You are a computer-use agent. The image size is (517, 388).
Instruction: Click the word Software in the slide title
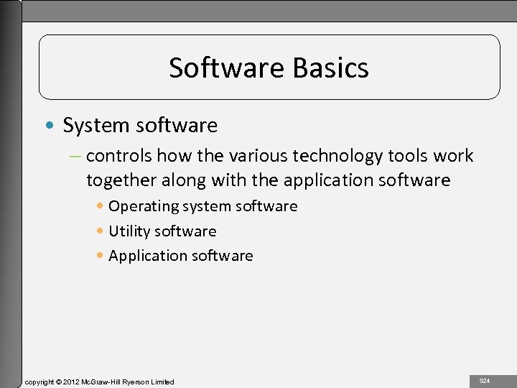click(228, 68)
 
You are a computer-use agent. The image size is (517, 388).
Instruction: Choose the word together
click(124, 180)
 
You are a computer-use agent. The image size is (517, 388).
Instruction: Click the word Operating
click(144, 207)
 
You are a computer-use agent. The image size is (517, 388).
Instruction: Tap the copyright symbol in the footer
click(59, 382)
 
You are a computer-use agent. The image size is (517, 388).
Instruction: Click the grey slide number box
click(485, 380)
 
